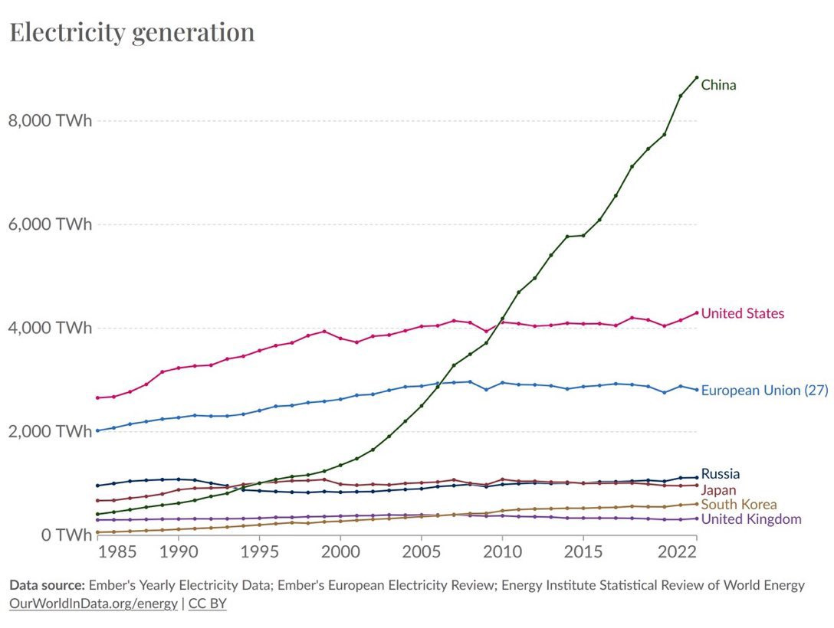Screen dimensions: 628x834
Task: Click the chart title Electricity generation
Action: tap(132, 32)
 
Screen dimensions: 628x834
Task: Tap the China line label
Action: tap(718, 85)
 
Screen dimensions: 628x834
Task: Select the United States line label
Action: tap(742, 313)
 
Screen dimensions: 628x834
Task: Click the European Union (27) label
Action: tap(764, 390)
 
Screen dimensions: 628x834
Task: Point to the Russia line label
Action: tap(720, 474)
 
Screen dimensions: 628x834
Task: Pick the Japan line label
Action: tap(718, 489)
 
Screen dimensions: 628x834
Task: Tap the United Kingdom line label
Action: tap(751, 519)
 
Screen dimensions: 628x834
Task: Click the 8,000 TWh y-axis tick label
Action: tap(49, 121)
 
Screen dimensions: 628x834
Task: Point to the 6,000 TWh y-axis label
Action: tap(49, 224)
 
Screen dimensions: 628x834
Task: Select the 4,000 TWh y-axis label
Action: tap(49, 328)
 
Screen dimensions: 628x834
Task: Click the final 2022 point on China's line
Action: tap(696, 77)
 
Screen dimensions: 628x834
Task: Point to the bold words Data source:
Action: tap(47, 586)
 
